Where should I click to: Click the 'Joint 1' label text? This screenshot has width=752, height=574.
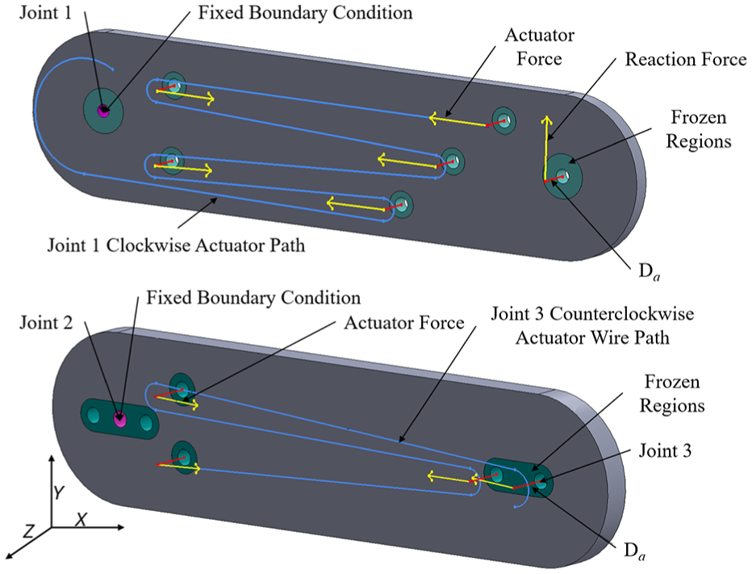point(45,12)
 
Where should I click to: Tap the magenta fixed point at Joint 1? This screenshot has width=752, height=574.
point(102,111)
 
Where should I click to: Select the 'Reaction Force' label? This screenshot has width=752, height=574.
point(686,60)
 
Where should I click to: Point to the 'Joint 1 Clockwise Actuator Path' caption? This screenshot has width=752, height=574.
point(176,245)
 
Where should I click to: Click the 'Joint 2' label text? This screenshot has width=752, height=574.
point(46,322)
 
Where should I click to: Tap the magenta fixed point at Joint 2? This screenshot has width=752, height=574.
point(120,419)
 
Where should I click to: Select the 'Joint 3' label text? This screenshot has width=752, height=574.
point(665,450)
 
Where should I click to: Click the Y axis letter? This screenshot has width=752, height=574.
point(59,492)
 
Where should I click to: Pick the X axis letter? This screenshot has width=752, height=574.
point(82,519)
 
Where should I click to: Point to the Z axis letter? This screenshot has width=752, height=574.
point(29,530)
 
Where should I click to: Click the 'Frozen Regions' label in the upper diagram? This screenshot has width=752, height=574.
point(698,130)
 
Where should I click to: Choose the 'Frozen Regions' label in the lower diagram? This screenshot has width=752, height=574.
point(672,394)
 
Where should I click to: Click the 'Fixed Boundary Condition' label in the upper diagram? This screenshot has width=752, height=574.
point(306,12)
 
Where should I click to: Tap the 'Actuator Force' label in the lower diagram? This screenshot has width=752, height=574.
point(403,322)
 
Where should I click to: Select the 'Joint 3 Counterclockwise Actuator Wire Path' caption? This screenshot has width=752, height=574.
point(592,326)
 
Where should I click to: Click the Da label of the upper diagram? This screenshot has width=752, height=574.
point(650,272)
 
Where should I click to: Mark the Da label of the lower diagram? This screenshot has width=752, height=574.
point(634,551)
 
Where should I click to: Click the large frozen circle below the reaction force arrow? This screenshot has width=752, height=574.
point(562,176)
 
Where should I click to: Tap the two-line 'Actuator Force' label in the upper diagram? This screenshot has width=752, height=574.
point(540,47)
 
